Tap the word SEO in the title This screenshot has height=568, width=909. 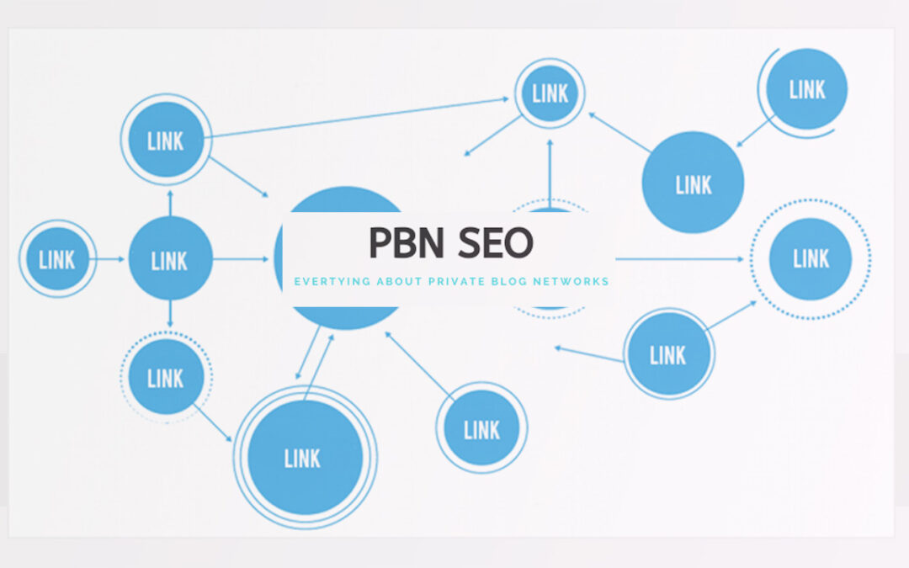click(496, 243)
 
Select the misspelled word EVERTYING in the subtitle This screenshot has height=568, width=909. click(330, 281)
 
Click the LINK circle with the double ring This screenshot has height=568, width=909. click(304, 458)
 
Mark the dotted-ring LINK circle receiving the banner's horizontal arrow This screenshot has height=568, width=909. click(811, 258)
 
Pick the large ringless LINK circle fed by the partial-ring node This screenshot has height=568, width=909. click(693, 183)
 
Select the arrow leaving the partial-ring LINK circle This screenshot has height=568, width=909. click(754, 133)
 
